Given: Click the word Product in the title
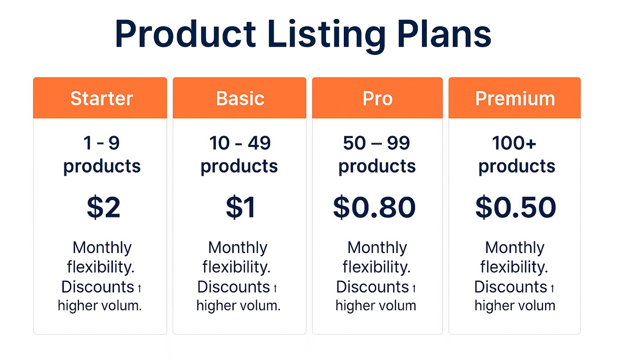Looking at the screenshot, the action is [185, 33].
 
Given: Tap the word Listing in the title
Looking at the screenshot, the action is [327, 36].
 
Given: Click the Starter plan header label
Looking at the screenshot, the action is [102, 99].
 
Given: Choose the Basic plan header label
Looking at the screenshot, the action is [240, 99].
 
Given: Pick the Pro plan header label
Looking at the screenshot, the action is [378, 99].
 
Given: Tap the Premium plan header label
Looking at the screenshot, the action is [515, 99].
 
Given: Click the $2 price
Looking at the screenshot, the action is [104, 207].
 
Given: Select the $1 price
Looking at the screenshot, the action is [241, 207].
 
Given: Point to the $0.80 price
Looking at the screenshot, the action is [374, 207].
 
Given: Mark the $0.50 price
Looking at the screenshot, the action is [516, 207].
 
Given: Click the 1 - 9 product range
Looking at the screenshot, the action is [102, 143].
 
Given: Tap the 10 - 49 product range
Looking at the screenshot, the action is [240, 143].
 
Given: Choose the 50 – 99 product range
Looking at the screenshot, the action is [377, 143].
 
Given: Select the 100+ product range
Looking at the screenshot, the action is [514, 143].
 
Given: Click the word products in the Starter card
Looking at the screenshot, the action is [102, 167].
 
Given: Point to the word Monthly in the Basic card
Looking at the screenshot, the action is [238, 248].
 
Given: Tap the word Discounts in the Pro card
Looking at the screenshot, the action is [372, 287].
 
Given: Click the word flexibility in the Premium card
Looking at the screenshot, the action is [514, 267].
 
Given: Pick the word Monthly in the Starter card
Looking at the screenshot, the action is [102, 248].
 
